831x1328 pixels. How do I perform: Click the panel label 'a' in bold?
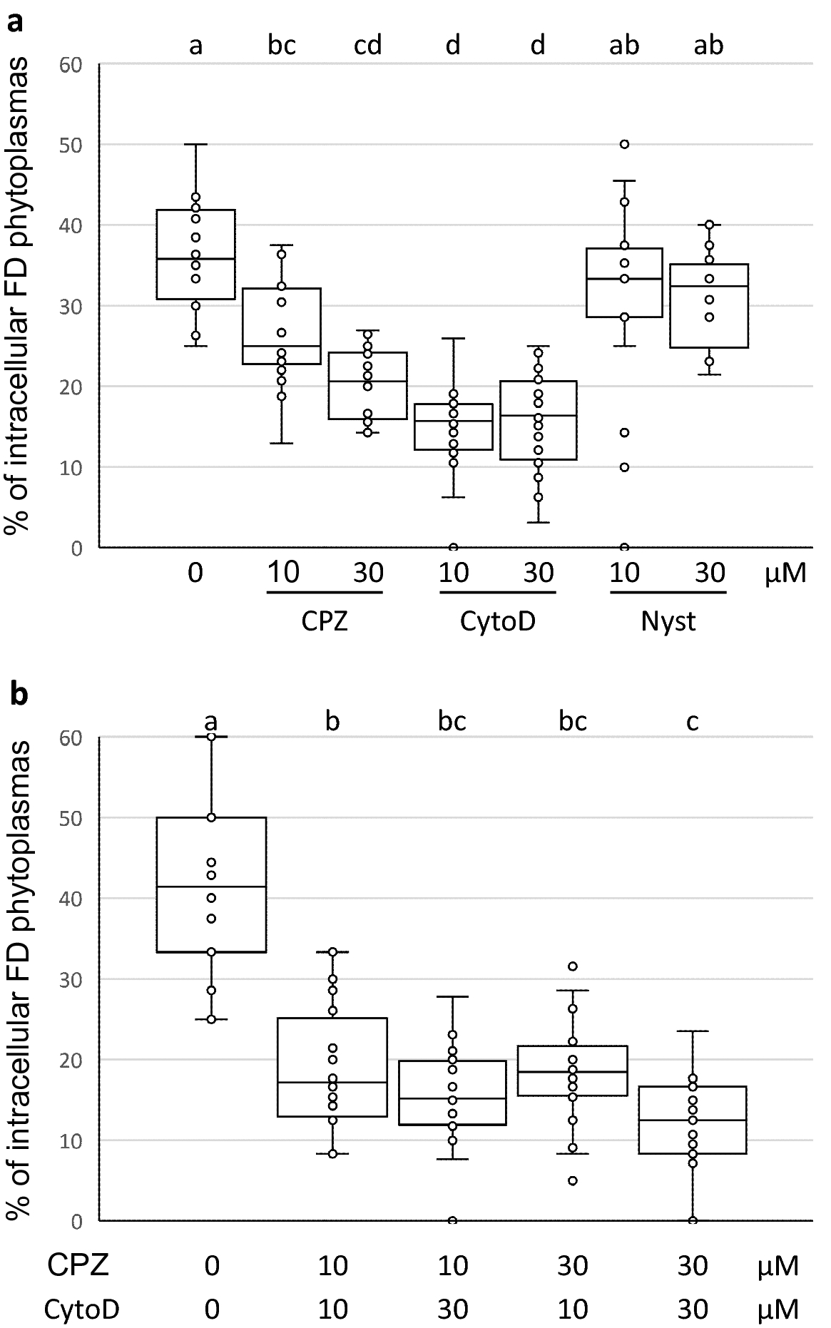16,24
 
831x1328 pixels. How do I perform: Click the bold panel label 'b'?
18,693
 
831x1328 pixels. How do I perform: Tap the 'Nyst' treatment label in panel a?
668,622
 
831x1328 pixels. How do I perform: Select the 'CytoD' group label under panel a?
497,622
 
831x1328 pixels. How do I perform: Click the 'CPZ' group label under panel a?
325,622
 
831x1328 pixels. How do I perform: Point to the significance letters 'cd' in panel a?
368,46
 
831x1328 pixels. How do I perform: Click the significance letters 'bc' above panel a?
282,46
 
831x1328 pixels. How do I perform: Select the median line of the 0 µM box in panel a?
196,259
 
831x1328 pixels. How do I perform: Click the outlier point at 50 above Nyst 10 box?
624,144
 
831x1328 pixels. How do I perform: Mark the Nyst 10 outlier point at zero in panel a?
624,548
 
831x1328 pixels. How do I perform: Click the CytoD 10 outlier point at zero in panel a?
453,548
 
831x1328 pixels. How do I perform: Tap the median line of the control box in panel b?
212,887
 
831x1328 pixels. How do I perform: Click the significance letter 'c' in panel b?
692,721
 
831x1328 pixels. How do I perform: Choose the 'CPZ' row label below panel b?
78,1265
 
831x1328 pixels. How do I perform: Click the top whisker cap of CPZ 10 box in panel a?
282,245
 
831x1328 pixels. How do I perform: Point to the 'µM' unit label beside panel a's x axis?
785,573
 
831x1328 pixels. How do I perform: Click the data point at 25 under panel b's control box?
212,1019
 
